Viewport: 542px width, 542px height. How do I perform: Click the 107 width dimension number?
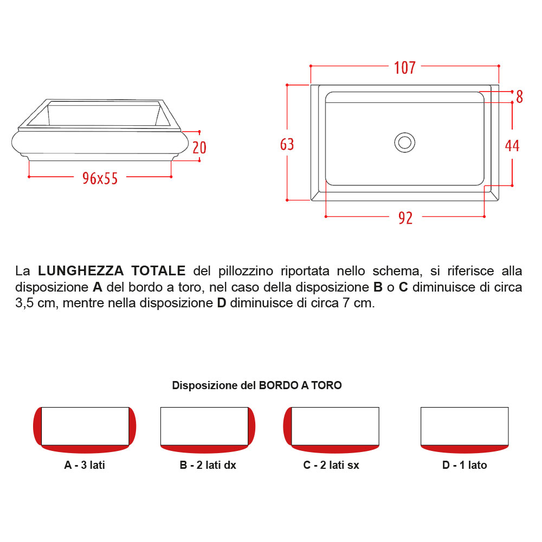pos(405,68)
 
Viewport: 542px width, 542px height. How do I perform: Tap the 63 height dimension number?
pos(287,144)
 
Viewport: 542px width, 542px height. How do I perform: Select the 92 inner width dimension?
pos(405,218)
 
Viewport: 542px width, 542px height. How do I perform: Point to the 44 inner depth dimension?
pos(512,145)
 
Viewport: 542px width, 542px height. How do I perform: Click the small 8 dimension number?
pos(519,97)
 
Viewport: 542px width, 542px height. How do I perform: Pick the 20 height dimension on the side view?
pos(199,147)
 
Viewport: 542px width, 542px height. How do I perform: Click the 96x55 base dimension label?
pos(100,178)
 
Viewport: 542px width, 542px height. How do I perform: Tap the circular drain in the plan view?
pos(404,143)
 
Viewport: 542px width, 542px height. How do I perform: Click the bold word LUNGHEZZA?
pos(81,270)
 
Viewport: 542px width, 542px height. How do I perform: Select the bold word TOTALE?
pos(158,270)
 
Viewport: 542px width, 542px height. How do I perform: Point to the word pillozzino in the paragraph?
pos(246,271)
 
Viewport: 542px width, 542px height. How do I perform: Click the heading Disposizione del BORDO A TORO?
pos(257,385)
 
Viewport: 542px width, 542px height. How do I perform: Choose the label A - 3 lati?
pos(85,465)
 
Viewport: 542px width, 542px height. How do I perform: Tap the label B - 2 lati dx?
pos(208,465)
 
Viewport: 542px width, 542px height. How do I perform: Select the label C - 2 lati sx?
pos(331,465)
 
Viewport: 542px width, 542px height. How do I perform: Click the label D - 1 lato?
pos(464,465)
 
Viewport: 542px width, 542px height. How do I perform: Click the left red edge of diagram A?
pos(37,426)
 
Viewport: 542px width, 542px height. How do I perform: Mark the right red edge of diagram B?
pos(251,426)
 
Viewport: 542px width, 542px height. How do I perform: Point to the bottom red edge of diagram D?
pos(464,449)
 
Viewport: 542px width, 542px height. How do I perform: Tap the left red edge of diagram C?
pos(287,426)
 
